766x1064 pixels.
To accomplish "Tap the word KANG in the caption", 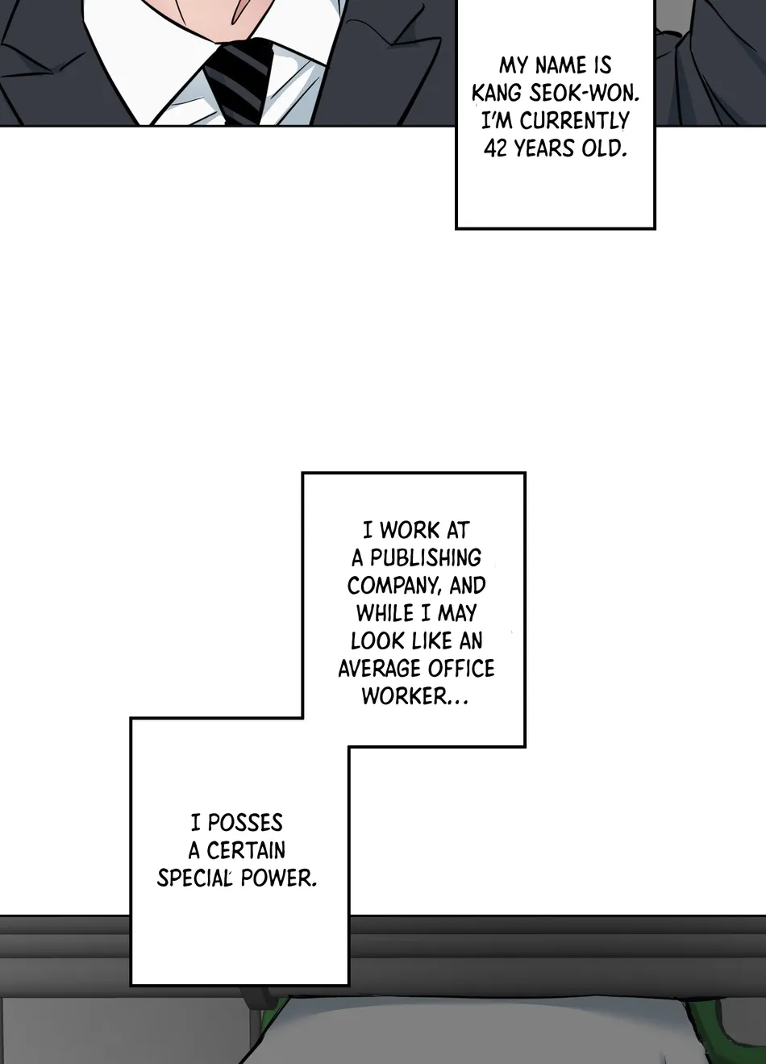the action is tap(496, 94).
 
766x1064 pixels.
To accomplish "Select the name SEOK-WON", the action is tap(584, 94).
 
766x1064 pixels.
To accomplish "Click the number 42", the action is tap(496, 148).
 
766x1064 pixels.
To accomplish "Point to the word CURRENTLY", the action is tap(574, 121).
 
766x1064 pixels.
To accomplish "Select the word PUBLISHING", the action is tap(425, 557).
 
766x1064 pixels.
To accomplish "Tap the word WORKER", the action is tap(404, 696).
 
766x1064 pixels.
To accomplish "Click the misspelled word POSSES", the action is tap(245, 823).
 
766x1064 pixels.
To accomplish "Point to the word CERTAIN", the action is tap(245, 850).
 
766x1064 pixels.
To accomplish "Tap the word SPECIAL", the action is tap(194, 878).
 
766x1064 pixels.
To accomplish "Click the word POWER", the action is tap(278, 878).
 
